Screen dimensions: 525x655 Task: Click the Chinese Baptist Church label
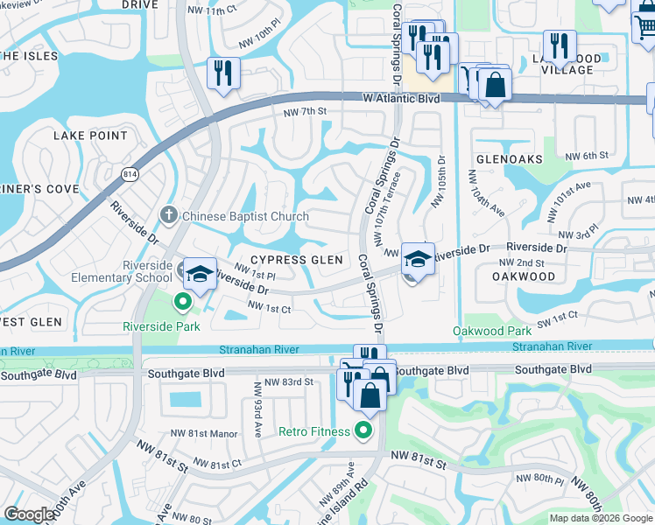tap(245, 216)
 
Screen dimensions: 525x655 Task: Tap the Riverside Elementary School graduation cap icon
tap(200, 272)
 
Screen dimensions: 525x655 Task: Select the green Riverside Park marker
tap(183, 304)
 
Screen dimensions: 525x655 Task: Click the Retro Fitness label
tap(317, 430)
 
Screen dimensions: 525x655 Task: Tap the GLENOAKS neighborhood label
tap(509, 159)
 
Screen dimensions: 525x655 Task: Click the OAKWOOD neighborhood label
tap(524, 276)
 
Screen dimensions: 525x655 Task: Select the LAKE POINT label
tap(90, 136)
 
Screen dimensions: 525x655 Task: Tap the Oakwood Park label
tap(491, 331)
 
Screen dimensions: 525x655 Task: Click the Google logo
tap(30, 514)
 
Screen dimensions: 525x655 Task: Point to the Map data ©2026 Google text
tap(600, 518)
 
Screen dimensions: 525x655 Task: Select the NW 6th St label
tap(586, 155)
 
